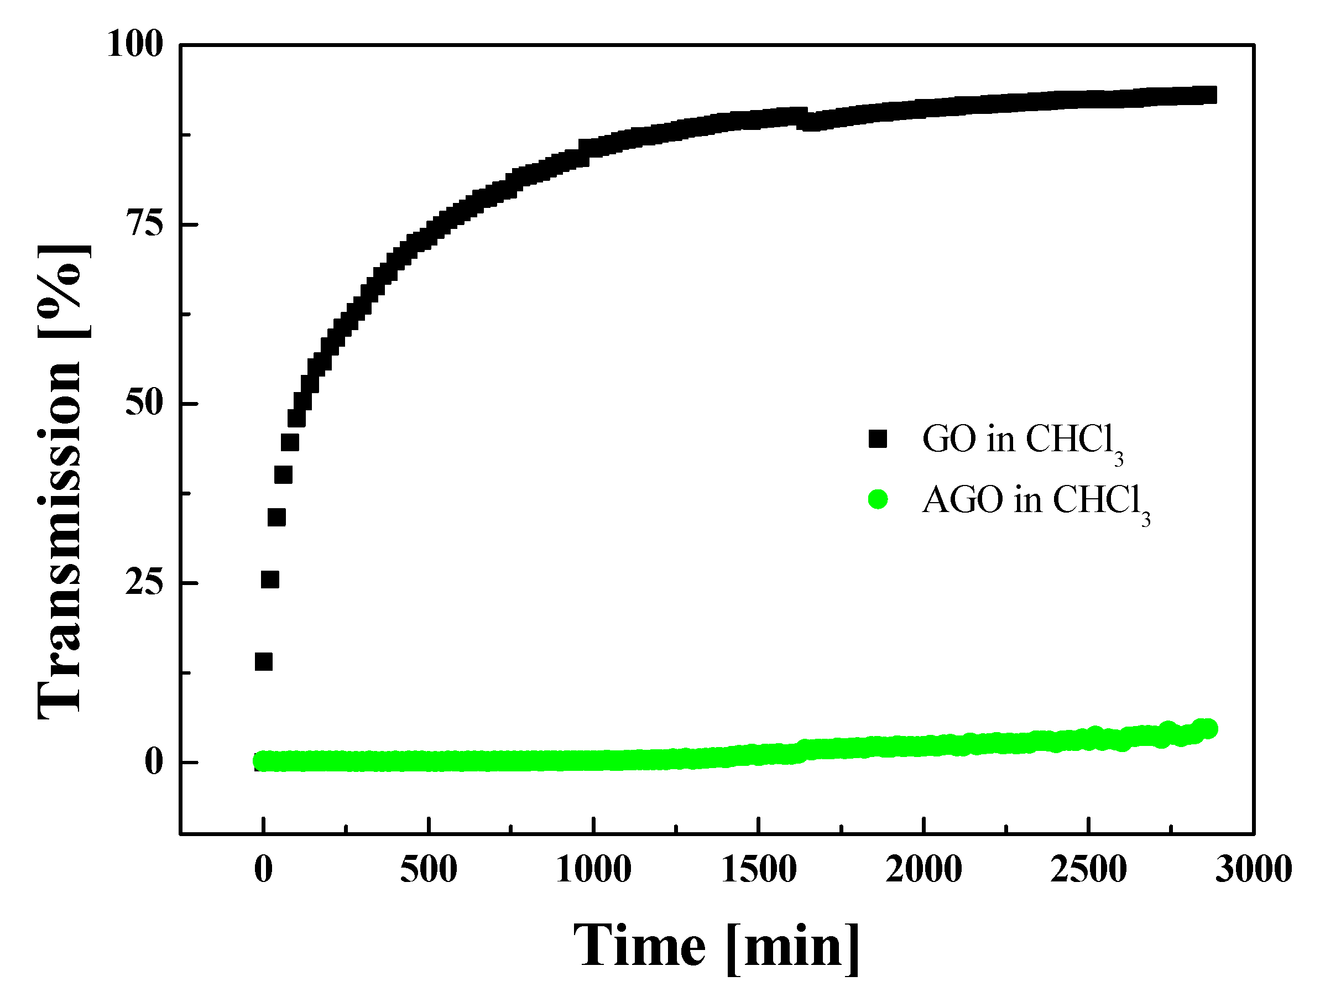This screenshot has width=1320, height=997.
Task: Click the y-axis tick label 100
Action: click(x=135, y=44)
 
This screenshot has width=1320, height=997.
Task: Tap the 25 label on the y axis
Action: click(x=144, y=583)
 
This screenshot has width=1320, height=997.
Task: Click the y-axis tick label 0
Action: click(x=154, y=763)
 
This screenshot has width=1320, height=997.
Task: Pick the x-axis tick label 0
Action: click(x=263, y=870)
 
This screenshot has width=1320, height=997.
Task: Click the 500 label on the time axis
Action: click(x=429, y=870)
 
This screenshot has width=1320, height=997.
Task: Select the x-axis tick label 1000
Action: click(x=593, y=870)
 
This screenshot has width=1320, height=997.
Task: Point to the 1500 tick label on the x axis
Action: click(x=759, y=870)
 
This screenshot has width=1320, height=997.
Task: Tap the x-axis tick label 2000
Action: click(x=923, y=870)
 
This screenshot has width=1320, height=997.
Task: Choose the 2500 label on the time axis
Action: click(x=1088, y=870)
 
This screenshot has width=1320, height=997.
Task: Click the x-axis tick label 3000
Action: click(x=1253, y=870)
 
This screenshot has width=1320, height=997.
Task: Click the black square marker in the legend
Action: click(x=878, y=439)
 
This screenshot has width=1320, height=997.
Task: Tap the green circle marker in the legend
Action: click(x=878, y=499)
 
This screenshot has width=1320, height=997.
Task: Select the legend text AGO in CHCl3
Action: click(x=1036, y=502)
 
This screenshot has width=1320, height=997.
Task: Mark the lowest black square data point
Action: click(x=264, y=662)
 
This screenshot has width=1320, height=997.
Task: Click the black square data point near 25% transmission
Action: click(x=270, y=580)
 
